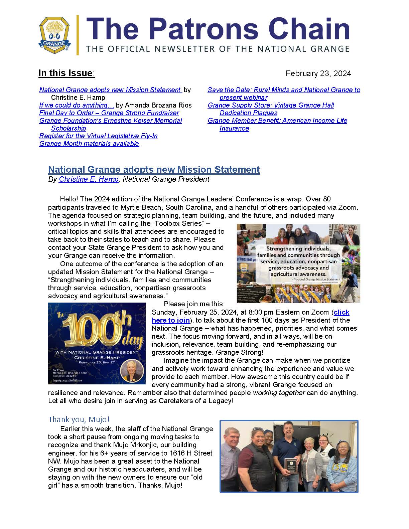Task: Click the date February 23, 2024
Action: [318, 73]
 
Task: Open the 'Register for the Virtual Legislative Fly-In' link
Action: [98, 136]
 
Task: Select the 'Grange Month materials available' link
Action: [89, 144]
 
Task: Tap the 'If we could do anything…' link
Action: [77, 105]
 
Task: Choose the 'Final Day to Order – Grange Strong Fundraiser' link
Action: [109, 113]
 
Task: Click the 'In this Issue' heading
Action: [66, 73]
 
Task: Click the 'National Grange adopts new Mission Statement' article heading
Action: [154, 170]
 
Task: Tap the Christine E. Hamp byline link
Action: [89, 179]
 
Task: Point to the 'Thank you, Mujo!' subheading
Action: [79, 419]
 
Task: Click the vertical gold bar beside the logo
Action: [78, 35]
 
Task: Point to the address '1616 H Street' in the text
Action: [191, 453]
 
